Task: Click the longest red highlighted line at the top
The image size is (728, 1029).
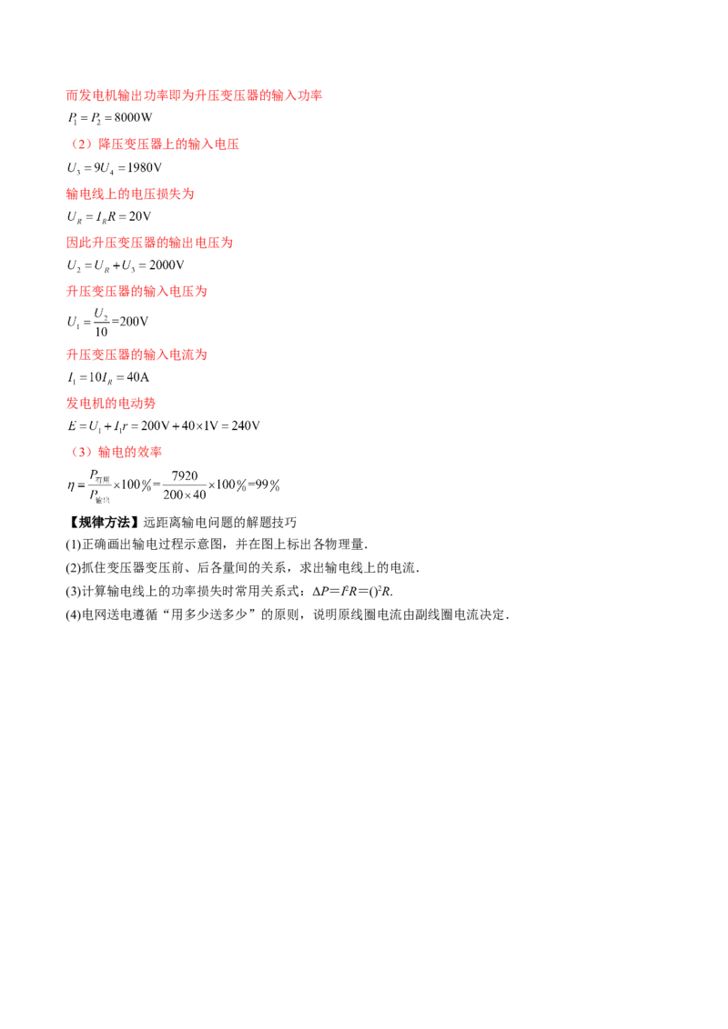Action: point(195,95)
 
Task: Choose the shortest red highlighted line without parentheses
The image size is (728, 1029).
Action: point(110,403)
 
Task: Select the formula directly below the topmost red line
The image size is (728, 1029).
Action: point(109,116)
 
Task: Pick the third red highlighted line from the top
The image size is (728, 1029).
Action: point(130,195)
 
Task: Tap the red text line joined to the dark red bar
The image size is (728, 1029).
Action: point(148,244)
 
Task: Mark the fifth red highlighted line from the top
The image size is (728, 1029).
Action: point(137,292)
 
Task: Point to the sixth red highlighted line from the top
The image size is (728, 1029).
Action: point(137,355)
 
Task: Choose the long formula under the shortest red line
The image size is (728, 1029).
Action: point(164,425)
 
